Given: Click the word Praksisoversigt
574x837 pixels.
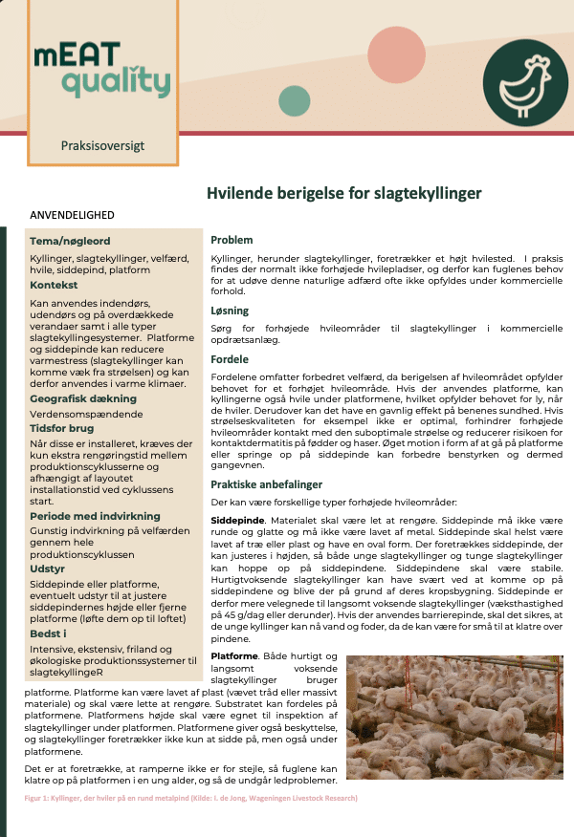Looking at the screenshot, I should (x=102, y=146).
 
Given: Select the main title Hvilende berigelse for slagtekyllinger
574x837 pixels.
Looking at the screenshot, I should (x=344, y=194).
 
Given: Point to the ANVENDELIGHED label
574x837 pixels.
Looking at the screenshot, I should (x=73, y=215).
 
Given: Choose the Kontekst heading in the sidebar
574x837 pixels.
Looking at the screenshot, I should (x=54, y=285).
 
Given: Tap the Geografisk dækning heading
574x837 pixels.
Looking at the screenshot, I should (x=83, y=397).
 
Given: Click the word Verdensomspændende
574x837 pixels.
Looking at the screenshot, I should (x=86, y=415).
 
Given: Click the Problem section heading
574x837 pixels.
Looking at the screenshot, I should (x=232, y=240).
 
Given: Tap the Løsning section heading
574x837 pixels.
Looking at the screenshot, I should (x=230, y=311).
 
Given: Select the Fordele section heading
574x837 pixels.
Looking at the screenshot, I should (x=230, y=359).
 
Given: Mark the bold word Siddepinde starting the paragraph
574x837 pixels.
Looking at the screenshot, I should (x=237, y=518).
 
